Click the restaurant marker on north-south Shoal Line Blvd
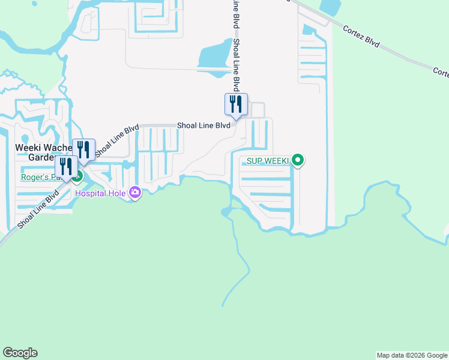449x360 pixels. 236,104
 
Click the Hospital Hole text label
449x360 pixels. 101,193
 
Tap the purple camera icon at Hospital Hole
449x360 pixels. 135,193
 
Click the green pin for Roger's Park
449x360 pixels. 77,176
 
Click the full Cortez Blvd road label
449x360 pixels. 361,35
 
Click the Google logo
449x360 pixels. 20,353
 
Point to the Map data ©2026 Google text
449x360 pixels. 412,356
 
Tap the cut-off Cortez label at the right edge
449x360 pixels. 441,72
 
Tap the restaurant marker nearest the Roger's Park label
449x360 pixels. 66,167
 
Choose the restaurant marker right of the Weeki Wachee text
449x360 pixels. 83,150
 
